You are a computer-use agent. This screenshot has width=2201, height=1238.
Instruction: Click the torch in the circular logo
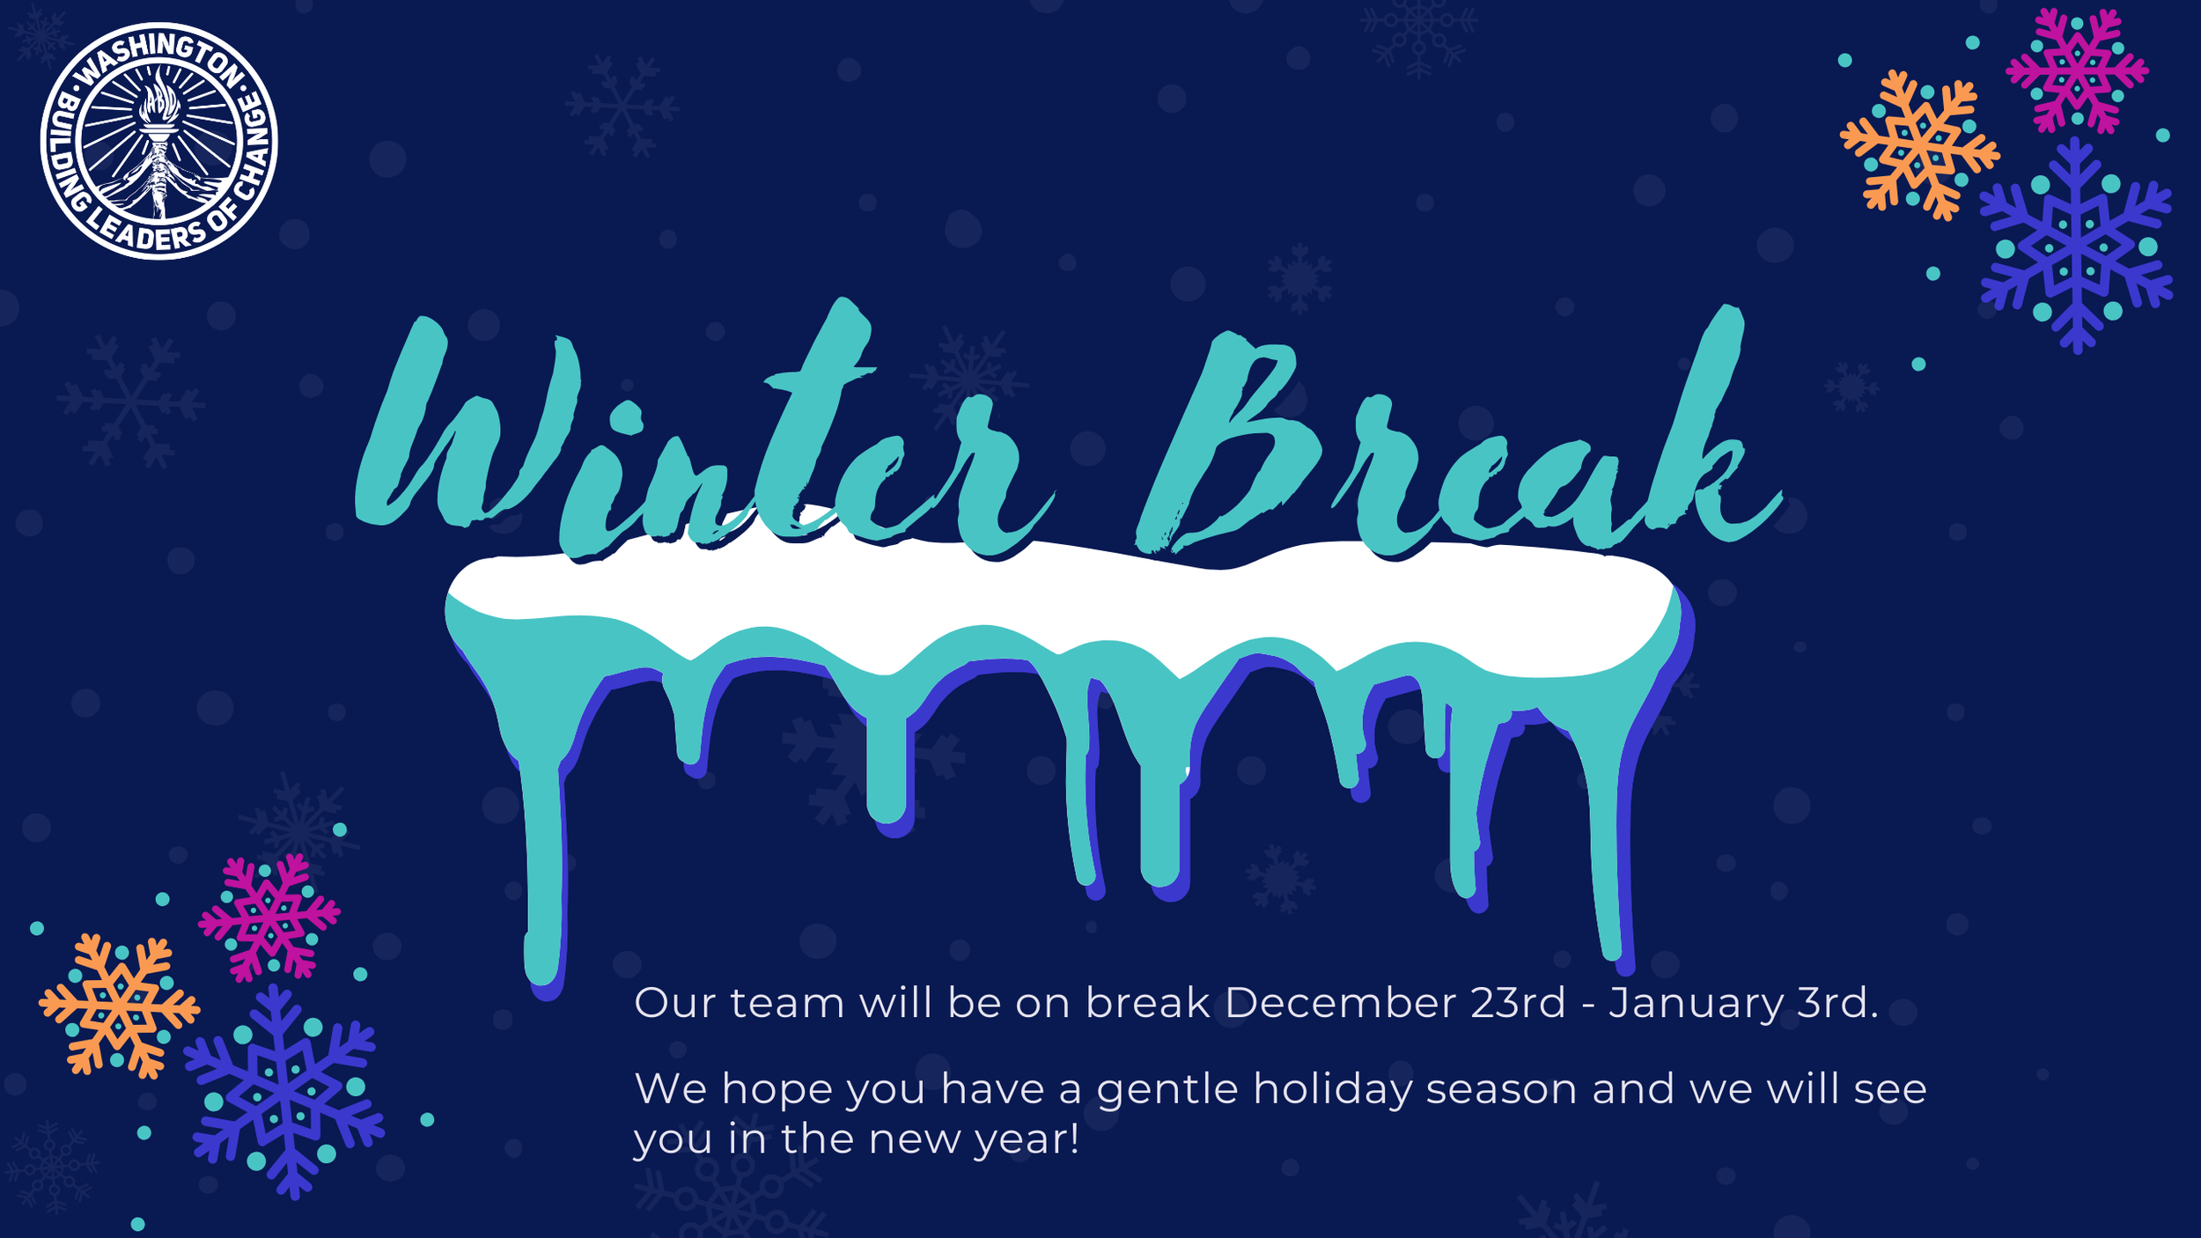(x=159, y=141)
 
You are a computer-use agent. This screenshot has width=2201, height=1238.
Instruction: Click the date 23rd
(x=1518, y=1003)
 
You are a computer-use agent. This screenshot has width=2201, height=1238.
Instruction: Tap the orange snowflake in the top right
(x=1919, y=144)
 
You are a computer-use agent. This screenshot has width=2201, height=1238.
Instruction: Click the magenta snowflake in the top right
(x=2077, y=70)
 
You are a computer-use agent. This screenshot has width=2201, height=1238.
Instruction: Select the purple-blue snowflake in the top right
(x=2077, y=246)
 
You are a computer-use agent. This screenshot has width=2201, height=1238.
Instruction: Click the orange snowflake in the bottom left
(x=119, y=1006)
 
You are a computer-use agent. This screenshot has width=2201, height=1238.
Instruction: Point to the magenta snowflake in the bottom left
(x=269, y=917)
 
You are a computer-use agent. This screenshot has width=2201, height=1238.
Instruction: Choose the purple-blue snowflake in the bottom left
(x=283, y=1092)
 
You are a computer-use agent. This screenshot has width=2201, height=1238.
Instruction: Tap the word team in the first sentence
(x=787, y=1004)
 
